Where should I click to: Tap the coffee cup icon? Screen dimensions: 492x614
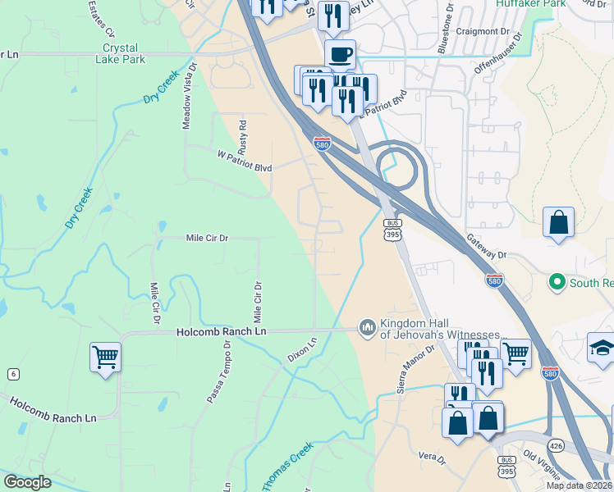[x=340, y=55]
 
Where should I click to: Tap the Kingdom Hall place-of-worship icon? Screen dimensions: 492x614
[x=366, y=328]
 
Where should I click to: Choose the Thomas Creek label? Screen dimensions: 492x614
[x=287, y=467]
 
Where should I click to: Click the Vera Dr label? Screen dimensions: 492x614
[x=431, y=457]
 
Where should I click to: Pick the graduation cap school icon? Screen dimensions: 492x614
[x=602, y=348]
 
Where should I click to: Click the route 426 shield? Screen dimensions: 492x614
[x=556, y=446]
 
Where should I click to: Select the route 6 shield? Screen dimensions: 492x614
[x=12, y=373]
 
